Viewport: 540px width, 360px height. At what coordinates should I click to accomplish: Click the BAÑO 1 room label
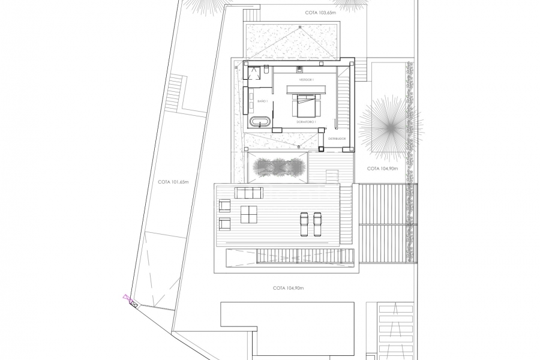pyautogui.click(x=262, y=102)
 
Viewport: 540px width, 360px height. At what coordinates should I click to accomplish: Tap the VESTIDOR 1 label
pyautogui.click(x=307, y=80)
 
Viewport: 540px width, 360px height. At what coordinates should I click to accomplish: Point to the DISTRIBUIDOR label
pyautogui.click(x=337, y=139)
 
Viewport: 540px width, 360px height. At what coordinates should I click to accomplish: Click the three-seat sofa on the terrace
pyautogui.click(x=249, y=193)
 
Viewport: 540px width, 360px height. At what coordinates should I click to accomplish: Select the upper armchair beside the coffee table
pyautogui.click(x=225, y=206)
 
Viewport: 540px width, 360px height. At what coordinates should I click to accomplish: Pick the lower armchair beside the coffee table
pyautogui.click(x=225, y=224)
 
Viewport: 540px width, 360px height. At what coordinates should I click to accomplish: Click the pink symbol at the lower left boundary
pyautogui.click(x=127, y=297)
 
